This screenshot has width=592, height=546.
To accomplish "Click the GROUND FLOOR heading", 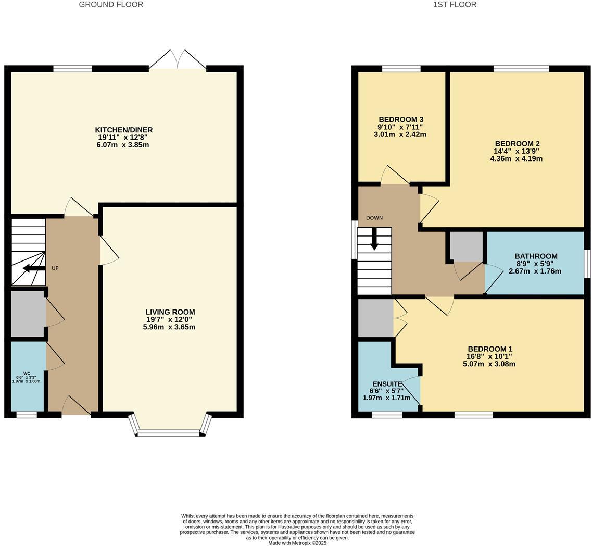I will point(111,5).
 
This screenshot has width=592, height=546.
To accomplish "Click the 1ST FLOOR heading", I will point(455,5).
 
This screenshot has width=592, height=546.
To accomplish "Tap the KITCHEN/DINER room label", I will point(123,130).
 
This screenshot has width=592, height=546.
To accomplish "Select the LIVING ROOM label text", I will point(170,312).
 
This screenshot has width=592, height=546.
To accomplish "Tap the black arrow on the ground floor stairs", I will point(34,268).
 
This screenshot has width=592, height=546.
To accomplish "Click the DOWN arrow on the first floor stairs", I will point(374,240).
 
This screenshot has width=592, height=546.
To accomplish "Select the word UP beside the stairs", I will point(55,268).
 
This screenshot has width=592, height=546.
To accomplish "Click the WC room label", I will point(26,374).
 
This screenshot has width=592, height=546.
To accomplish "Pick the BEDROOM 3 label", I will point(401,119).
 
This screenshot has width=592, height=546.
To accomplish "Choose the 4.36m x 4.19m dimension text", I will point(516,158).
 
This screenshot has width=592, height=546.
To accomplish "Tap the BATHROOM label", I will point(536,256).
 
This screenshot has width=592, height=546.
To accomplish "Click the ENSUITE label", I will point(387,384).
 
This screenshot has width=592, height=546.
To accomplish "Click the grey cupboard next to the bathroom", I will point(465,246).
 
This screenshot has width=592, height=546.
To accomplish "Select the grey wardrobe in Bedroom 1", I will point(375,318).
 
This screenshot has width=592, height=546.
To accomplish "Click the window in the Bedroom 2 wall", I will point(521,69).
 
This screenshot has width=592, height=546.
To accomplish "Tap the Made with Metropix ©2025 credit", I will point(297,543).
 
